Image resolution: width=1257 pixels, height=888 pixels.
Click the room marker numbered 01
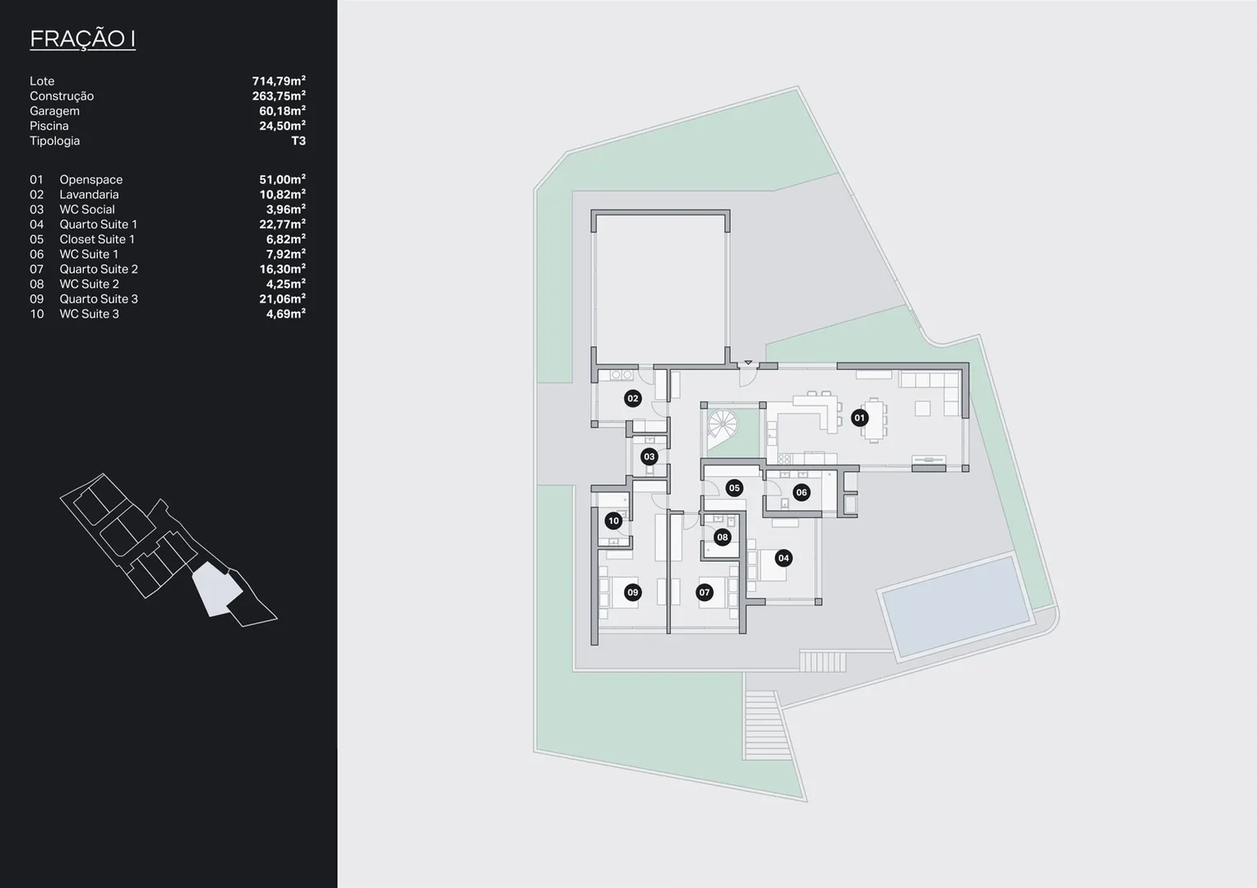coord(859,418)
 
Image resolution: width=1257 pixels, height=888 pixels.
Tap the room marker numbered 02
coord(633,399)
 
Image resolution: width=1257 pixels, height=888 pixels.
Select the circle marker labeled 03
coord(649,457)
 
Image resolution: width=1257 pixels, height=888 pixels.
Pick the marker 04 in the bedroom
coord(783,558)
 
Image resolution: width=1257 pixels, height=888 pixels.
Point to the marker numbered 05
coord(734,488)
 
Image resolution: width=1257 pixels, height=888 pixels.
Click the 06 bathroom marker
coord(802,493)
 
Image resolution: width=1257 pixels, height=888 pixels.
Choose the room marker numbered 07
coord(705,592)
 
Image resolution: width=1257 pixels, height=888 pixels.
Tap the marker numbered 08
coord(722,537)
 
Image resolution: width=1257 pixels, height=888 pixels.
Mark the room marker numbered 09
coord(633,592)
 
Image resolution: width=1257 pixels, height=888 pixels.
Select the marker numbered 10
coord(614,521)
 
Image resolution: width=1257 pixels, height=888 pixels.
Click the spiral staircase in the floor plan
coord(722,423)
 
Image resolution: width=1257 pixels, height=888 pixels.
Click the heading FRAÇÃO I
coord(82,38)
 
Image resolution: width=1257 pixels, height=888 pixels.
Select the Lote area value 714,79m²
coord(279,81)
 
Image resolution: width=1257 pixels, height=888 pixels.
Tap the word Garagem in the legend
coord(54,111)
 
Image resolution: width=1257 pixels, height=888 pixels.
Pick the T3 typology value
coord(298,141)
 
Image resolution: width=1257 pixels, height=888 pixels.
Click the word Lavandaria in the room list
coord(90,194)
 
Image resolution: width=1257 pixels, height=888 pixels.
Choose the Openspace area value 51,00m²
coord(282,179)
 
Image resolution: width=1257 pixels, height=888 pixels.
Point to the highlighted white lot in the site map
coord(216,589)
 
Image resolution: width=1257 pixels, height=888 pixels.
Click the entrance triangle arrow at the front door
coord(748,363)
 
